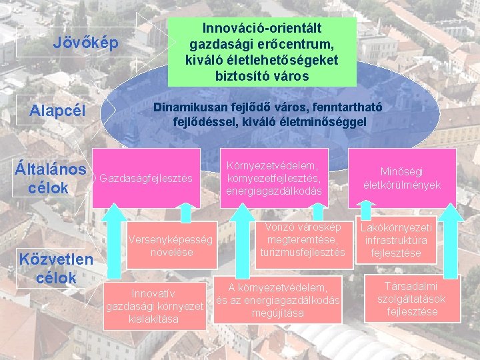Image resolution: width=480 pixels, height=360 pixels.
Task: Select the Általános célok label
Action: (50, 179)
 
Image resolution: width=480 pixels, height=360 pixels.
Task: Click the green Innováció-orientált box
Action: (262, 52)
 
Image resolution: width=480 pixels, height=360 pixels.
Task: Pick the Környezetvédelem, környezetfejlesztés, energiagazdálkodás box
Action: (275, 178)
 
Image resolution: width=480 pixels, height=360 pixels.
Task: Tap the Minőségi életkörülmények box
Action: (402, 178)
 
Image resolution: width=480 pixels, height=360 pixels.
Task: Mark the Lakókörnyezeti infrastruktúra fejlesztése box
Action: (397, 240)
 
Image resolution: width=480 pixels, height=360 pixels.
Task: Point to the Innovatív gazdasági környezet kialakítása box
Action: (155, 306)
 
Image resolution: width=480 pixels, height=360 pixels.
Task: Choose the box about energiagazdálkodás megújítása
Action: (278, 300)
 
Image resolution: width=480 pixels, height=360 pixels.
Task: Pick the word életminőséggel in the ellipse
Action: (325, 123)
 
